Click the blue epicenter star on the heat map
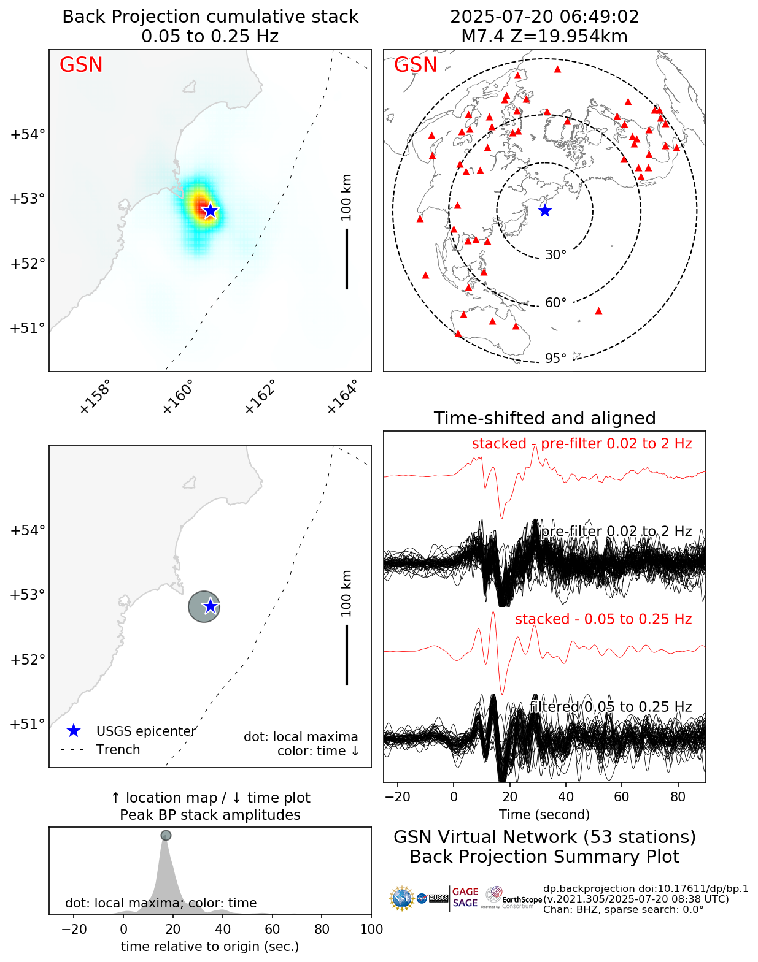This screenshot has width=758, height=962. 211,210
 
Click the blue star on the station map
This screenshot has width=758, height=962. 545,210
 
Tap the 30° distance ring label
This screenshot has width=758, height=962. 555,255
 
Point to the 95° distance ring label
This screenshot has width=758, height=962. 555,358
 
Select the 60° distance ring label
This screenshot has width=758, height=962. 555,303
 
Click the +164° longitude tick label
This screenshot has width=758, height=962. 342,397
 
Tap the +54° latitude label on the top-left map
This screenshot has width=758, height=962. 28,134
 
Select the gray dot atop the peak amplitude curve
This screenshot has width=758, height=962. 166,835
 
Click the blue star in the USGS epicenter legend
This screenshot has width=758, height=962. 74,731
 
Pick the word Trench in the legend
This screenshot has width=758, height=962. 118,750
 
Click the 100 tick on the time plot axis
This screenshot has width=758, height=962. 371,929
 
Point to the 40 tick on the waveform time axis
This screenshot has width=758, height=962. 566,796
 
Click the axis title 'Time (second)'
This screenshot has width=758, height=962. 544,814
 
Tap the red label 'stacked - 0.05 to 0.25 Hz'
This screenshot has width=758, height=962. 603,619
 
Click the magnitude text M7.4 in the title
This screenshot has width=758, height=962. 485,37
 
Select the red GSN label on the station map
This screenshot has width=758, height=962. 416,65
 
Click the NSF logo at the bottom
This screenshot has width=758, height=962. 402,898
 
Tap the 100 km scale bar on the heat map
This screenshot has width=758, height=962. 347,258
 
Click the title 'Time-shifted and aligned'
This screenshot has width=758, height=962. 544,418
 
